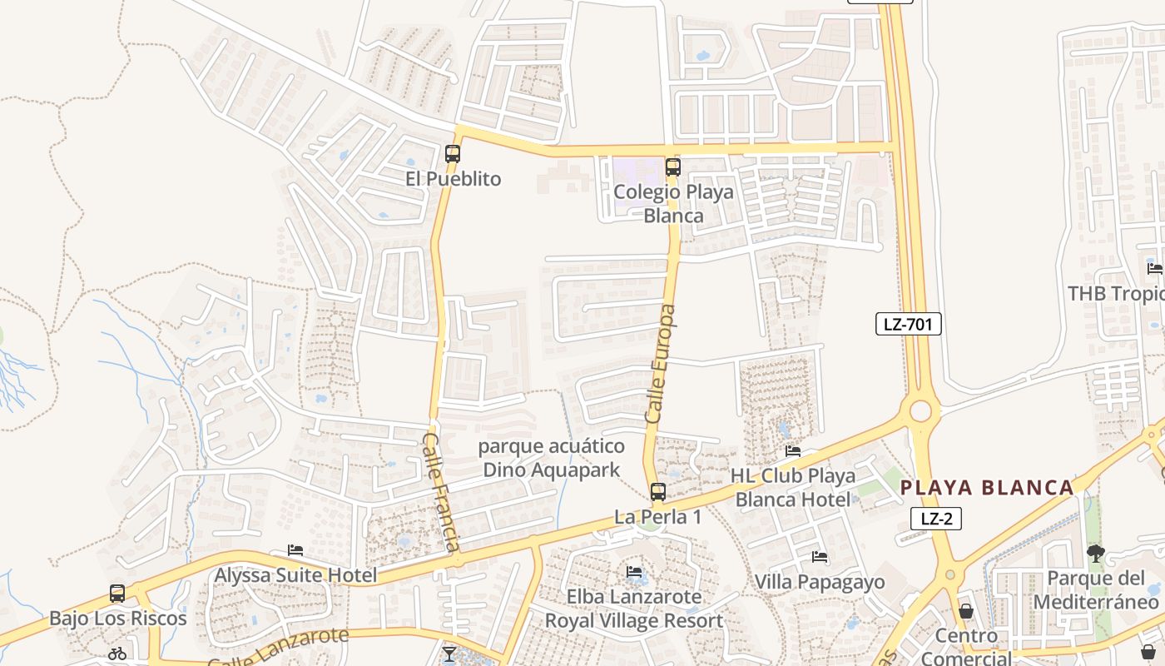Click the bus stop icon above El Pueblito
[453, 154]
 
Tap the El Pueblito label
[454, 179]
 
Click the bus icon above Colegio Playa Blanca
[673, 167]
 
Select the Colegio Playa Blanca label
[673, 204]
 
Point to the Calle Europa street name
[661, 363]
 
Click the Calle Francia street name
[441, 491]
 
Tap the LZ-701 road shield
[908, 324]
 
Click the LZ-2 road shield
[936, 519]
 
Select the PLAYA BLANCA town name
[987, 488]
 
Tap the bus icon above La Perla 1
[658, 492]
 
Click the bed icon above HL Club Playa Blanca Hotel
[793, 451]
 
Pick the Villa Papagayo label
[820, 582]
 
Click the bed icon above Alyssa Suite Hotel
[295, 550]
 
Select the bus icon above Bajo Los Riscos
[117, 594]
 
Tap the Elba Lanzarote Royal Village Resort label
[634, 609]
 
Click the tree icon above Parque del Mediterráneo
[1096, 554]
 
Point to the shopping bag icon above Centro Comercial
[966, 612]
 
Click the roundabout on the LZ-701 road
[920, 411]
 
